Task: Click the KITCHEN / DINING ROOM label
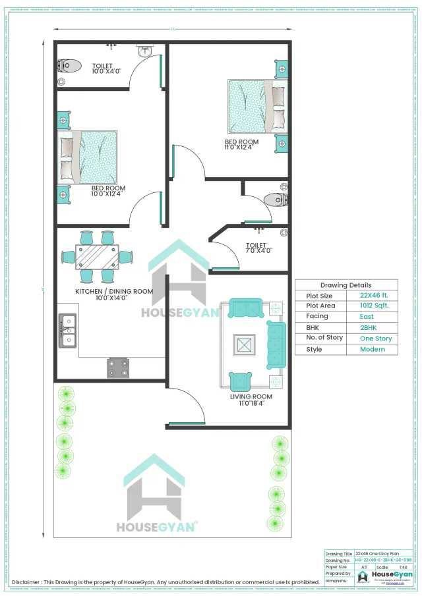(x=114, y=291)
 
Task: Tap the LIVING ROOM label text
(x=251, y=397)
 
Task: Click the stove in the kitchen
(x=118, y=367)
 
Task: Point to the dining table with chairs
(x=96, y=257)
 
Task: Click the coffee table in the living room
(x=243, y=344)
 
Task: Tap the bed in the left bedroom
(x=89, y=157)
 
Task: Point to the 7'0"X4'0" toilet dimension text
(x=259, y=250)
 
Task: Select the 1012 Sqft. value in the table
(x=374, y=306)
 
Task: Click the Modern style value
(x=372, y=349)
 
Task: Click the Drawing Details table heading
(x=346, y=285)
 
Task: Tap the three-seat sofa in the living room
(x=276, y=344)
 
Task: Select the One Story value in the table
(x=375, y=339)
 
